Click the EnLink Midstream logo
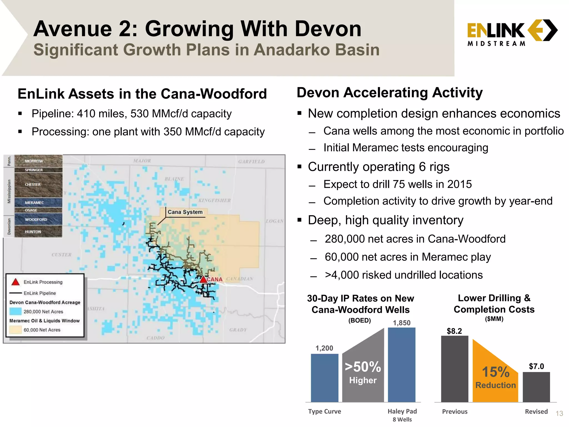click(512, 32)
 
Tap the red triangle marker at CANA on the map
click(204, 279)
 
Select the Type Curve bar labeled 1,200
click(325, 378)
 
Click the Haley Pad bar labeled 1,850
click(401, 365)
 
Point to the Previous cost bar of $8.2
click(455, 369)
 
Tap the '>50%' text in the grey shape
click(363, 367)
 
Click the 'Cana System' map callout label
click(185, 212)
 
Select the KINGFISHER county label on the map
click(214, 200)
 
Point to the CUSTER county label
click(61, 255)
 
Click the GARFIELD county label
click(251, 162)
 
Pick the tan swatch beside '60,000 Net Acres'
click(15, 330)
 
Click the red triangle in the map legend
click(16, 282)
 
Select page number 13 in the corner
click(559, 414)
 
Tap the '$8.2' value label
click(454, 331)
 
